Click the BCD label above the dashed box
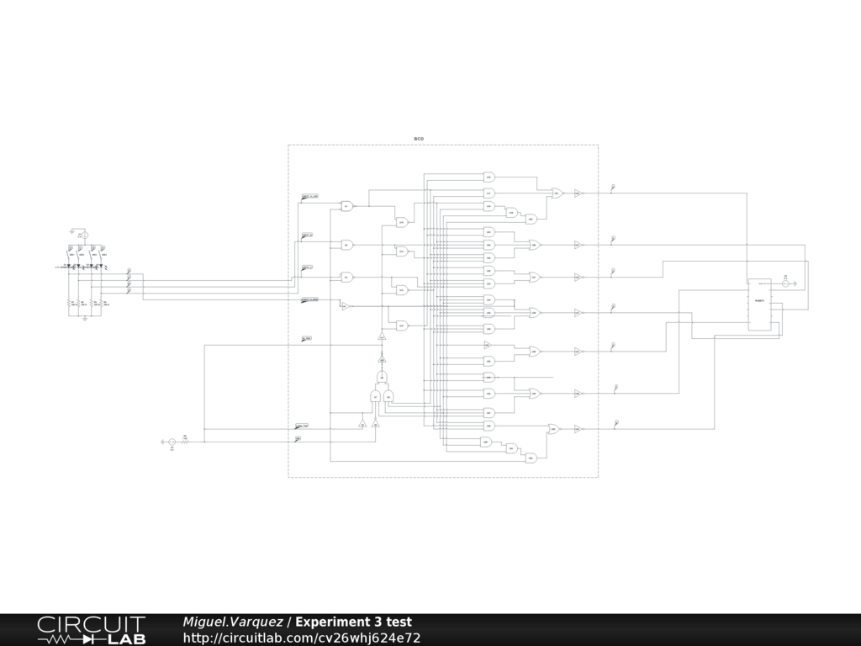(419, 138)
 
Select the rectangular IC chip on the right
(759, 304)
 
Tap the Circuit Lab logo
(91, 630)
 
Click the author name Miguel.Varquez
(233, 622)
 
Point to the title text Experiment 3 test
(353, 622)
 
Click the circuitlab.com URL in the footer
(302, 638)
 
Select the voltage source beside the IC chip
(785, 283)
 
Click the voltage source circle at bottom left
(172, 442)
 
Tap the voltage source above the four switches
(82, 236)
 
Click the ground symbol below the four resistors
(84, 320)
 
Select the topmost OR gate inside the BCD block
(557, 193)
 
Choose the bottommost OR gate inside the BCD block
(553, 429)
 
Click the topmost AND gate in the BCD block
(489, 177)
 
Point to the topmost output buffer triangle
(578, 193)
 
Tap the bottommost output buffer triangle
(578, 429)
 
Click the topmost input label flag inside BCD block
(309, 197)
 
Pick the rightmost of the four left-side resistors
(103, 304)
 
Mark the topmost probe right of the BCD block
(613, 187)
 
